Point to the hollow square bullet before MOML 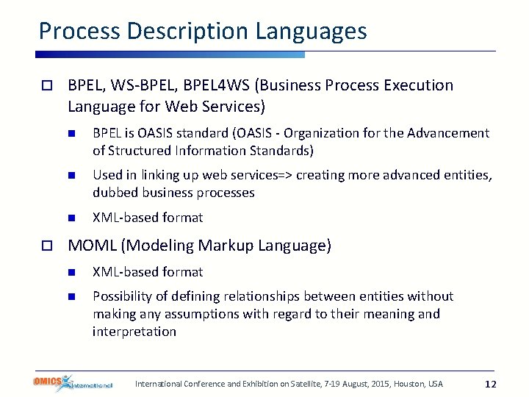tap(46, 246)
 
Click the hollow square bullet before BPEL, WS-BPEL tap(46, 86)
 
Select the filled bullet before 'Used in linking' tap(72, 176)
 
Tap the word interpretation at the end tap(134, 332)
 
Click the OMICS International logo tap(72, 383)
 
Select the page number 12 tap(492, 384)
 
